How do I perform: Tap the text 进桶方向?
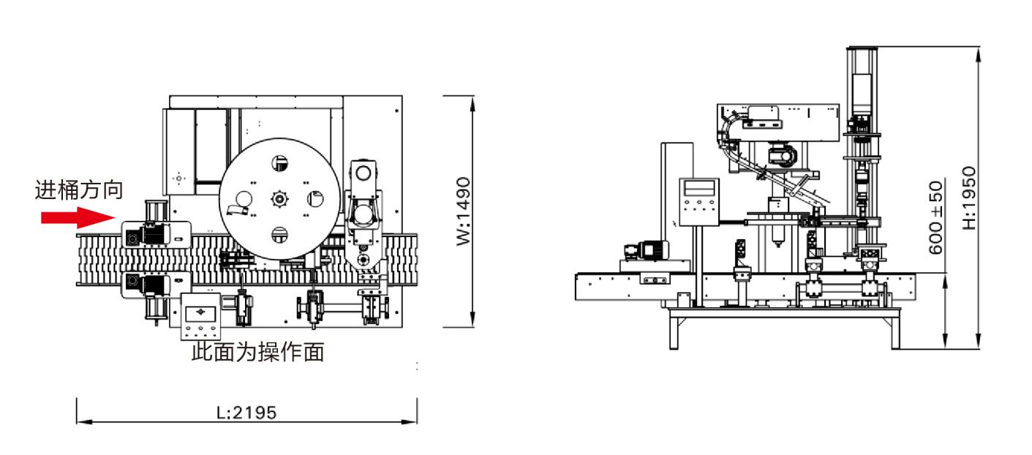coord(79,191)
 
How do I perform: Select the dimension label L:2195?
coord(246,413)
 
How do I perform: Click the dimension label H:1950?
coord(969,198)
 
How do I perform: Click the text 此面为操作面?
coord(257,353)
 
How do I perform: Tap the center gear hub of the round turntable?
coord(279,198)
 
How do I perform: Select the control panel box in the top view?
coord(200,315)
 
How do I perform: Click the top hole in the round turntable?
coord(279,162)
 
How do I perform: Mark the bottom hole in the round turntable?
coord(279,235)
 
